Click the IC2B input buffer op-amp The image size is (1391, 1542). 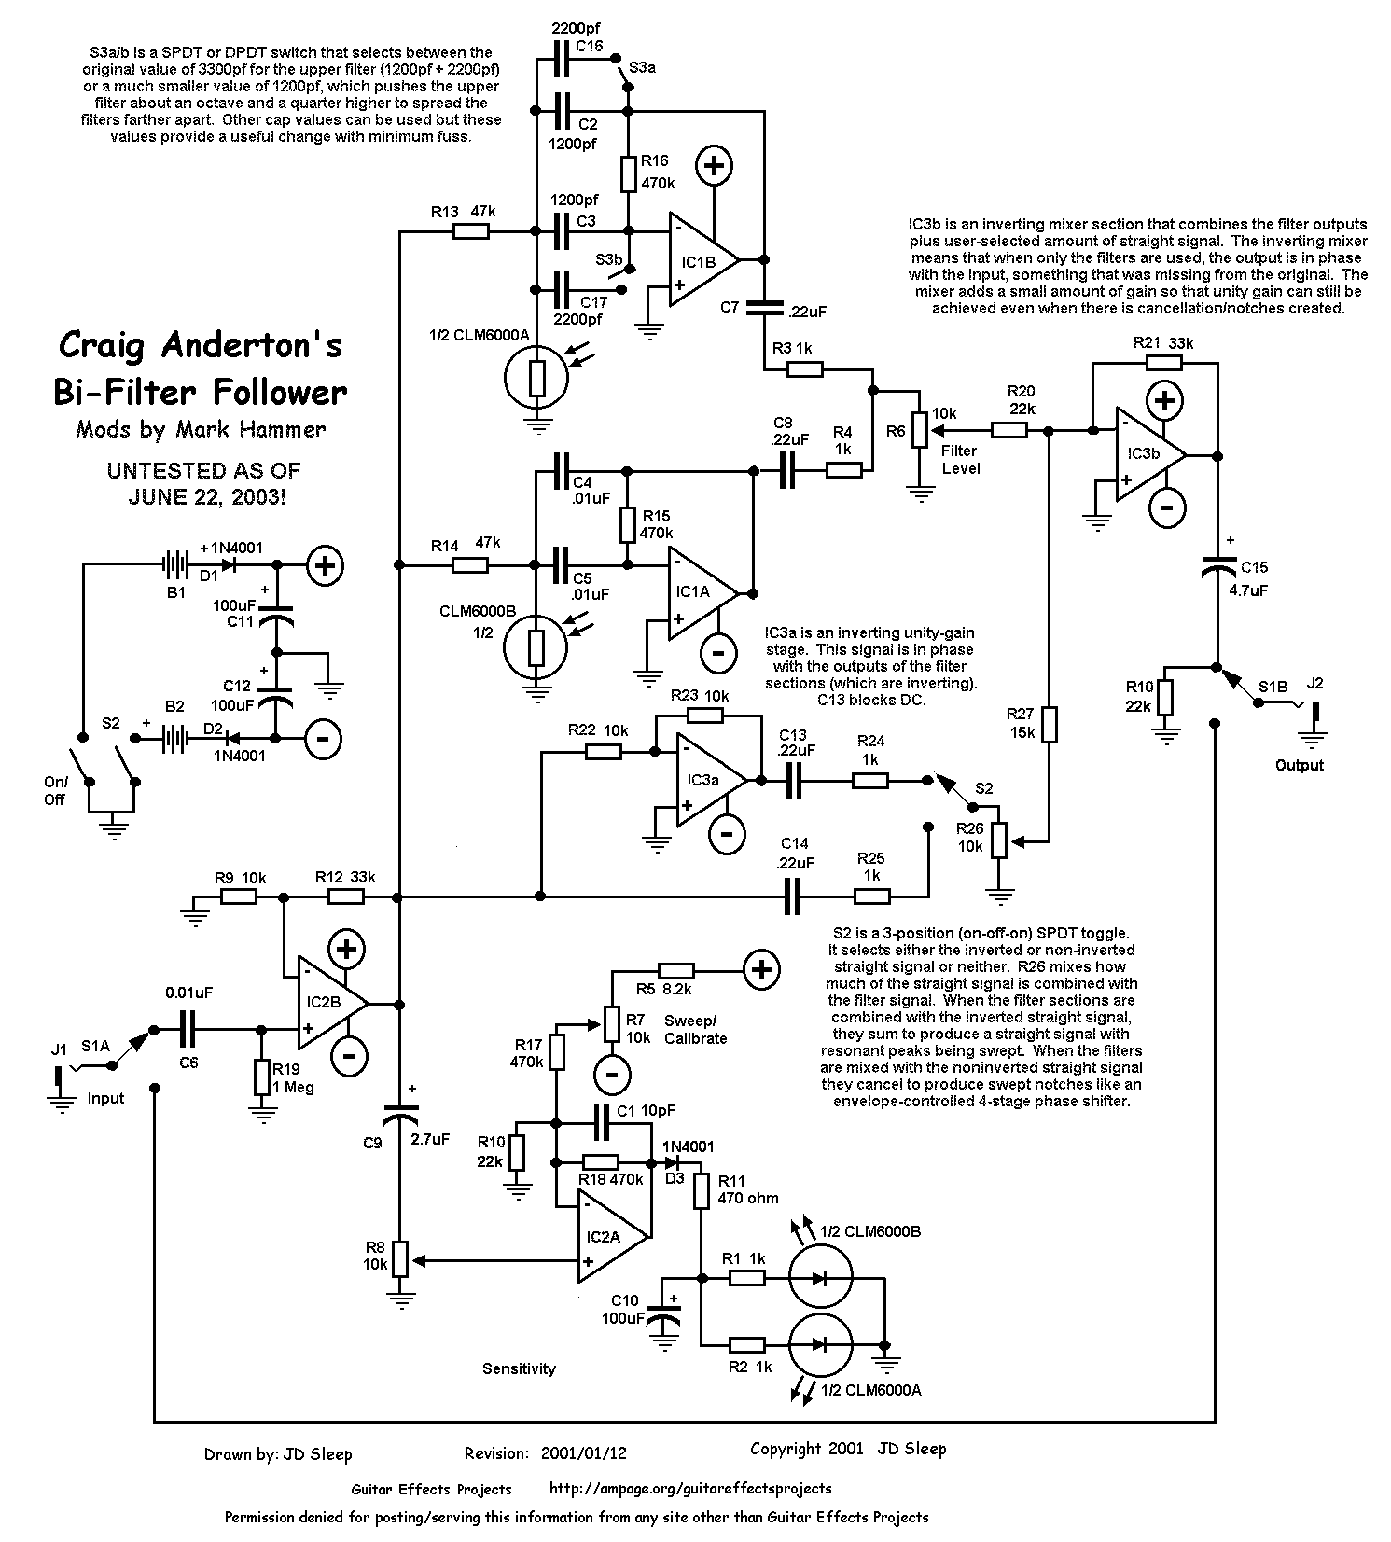pos(327,1004)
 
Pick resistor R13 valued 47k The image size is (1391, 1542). pos(471,230)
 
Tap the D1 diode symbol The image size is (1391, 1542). pos(224,564)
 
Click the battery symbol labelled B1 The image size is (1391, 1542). pos(174,564)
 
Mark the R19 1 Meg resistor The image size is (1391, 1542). pos(262,1077)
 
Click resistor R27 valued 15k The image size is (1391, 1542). pos(1050,724)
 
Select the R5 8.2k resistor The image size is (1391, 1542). pos(675,971)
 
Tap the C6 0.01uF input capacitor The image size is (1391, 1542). pos(188,1030)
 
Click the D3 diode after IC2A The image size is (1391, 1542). pos(672,1162)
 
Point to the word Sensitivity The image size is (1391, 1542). pos(519,1368)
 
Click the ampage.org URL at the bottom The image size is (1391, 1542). pos(690,1489)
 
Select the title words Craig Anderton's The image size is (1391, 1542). pos(200,345)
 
